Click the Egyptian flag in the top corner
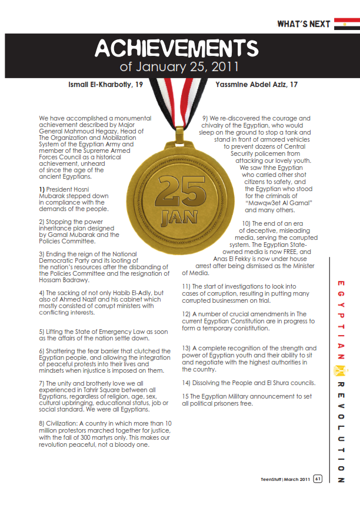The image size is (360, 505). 346,24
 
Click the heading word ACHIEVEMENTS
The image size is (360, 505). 176,48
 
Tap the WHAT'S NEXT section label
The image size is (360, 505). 303,24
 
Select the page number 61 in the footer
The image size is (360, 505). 318,479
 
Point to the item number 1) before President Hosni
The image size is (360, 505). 42,189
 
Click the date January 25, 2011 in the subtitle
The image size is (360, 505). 180,66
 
